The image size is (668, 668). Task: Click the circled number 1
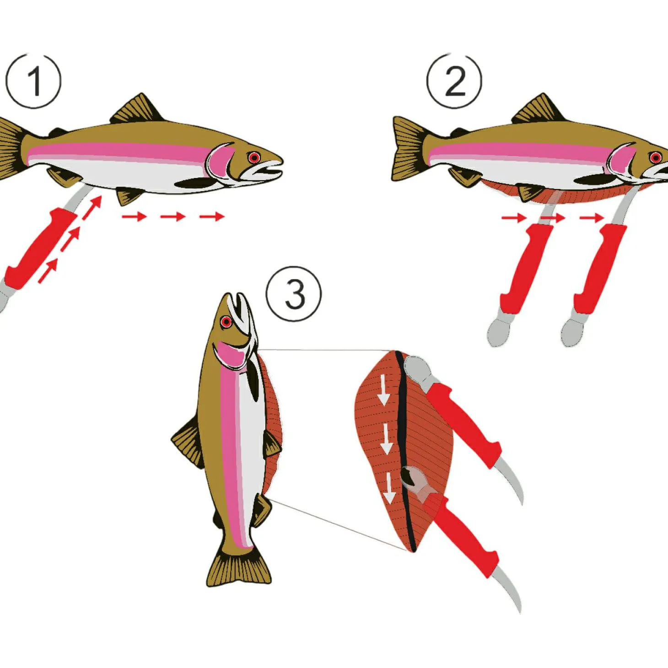[x=33, y=81]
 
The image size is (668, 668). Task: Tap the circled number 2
[x=454, y=81]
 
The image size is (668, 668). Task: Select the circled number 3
[x=294, y=294]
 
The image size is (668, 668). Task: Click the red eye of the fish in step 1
[x=254, y=158]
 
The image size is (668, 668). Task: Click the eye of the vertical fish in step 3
[x=226, y=322]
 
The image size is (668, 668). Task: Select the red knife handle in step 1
[x=39, y=247]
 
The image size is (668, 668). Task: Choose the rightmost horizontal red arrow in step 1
[x=212, y=216]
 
